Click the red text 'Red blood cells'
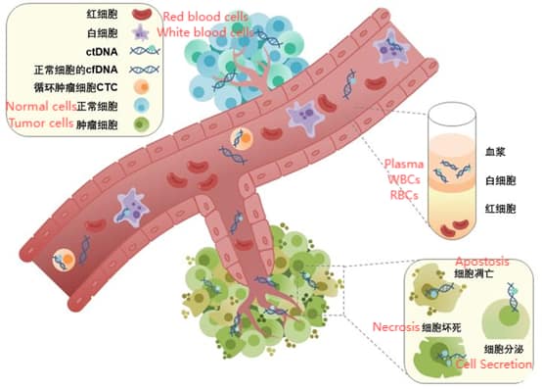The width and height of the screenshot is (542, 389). click(x=206, y=16)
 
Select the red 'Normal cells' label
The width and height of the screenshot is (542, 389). click(x=39, y=104)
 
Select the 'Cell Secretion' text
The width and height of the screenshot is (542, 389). click(x=495, y=365)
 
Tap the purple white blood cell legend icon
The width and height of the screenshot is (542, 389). click(x=142, y=33)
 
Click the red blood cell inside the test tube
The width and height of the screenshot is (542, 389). click(x=454, y=232)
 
